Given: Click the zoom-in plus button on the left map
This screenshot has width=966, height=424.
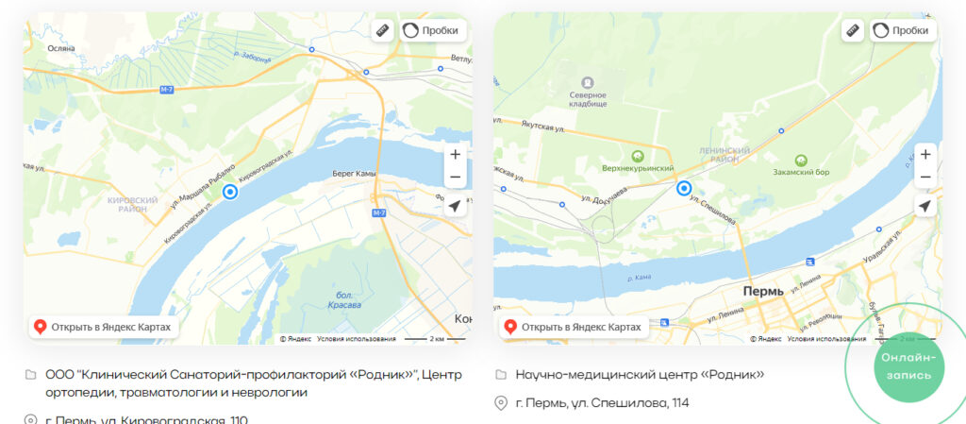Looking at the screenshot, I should click(456, 154).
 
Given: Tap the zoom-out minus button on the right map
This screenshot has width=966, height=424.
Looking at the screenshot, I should click(925, 178).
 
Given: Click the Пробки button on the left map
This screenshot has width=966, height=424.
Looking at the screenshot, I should click(433, 30).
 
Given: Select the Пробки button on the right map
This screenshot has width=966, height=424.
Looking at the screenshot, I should click(904, 30).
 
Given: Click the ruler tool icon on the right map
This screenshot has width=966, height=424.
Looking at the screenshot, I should click(853, 30).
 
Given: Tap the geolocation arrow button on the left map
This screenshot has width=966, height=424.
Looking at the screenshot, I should click(456, 206).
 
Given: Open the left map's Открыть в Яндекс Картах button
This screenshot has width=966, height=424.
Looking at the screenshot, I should click(103, 327).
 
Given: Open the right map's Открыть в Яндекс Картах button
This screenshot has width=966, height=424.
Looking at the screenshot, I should click(573, 327).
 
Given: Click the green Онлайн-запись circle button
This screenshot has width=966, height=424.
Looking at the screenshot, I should click(907, 365).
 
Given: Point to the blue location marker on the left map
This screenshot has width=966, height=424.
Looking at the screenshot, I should click(230, 192).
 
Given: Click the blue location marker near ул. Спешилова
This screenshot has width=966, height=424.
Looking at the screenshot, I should click(685, 189).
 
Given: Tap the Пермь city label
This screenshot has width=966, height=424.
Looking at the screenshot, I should click(765, 293).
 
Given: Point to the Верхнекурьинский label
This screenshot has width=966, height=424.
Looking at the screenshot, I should click(638, 168).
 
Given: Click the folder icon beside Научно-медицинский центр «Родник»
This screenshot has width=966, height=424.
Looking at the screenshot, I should click(502, 375).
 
